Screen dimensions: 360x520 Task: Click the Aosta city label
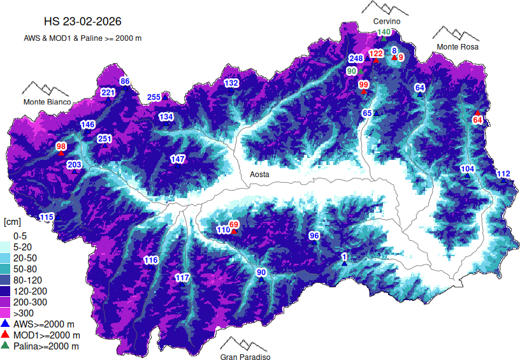259,174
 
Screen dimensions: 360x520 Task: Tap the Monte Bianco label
47,102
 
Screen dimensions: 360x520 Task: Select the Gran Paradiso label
245,357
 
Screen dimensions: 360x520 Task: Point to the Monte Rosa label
457,47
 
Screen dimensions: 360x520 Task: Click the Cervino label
386,22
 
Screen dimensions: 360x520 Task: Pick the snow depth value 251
105,139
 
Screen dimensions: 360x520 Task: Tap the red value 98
61,147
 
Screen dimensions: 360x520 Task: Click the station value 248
356,59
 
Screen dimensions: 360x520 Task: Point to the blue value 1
345,257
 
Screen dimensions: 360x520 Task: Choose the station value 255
154,97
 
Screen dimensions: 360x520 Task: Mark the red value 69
234,224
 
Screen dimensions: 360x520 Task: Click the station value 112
503,174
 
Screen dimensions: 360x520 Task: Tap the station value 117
182,277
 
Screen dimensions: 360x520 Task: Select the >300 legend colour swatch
6,313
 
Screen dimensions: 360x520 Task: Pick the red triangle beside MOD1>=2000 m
6,335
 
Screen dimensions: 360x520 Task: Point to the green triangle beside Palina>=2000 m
6,345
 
